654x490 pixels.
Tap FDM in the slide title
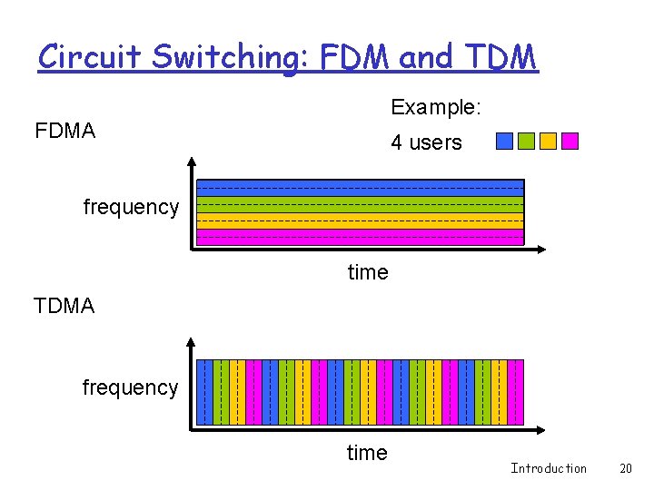click(x=344, y=56)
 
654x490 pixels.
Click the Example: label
click(x=436, y=107)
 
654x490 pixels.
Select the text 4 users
click(x=426, y=142)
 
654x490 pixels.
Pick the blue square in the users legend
click(x=504, y=141)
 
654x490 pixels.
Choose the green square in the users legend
click(x=526, y=141)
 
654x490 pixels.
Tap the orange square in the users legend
click(x=548, y=141)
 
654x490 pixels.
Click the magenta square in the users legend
click(x=570, y=141)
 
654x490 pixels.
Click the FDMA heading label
click(x=64, y=131)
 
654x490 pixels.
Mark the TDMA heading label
click(x=64, y=306)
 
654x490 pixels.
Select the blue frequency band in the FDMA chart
click(x=361, y=188)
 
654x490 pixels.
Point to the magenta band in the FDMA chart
click(x=361, y=237)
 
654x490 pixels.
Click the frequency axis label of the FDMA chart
click(x=131, y=207)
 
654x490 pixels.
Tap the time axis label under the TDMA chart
click(x=367, y=453)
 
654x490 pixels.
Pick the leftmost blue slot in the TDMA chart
click(x=205, y=392)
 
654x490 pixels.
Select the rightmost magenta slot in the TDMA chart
click(x=516, y=392)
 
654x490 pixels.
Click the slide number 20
click(x=625, y=468)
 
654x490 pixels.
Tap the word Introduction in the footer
click(x=549, y=468)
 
